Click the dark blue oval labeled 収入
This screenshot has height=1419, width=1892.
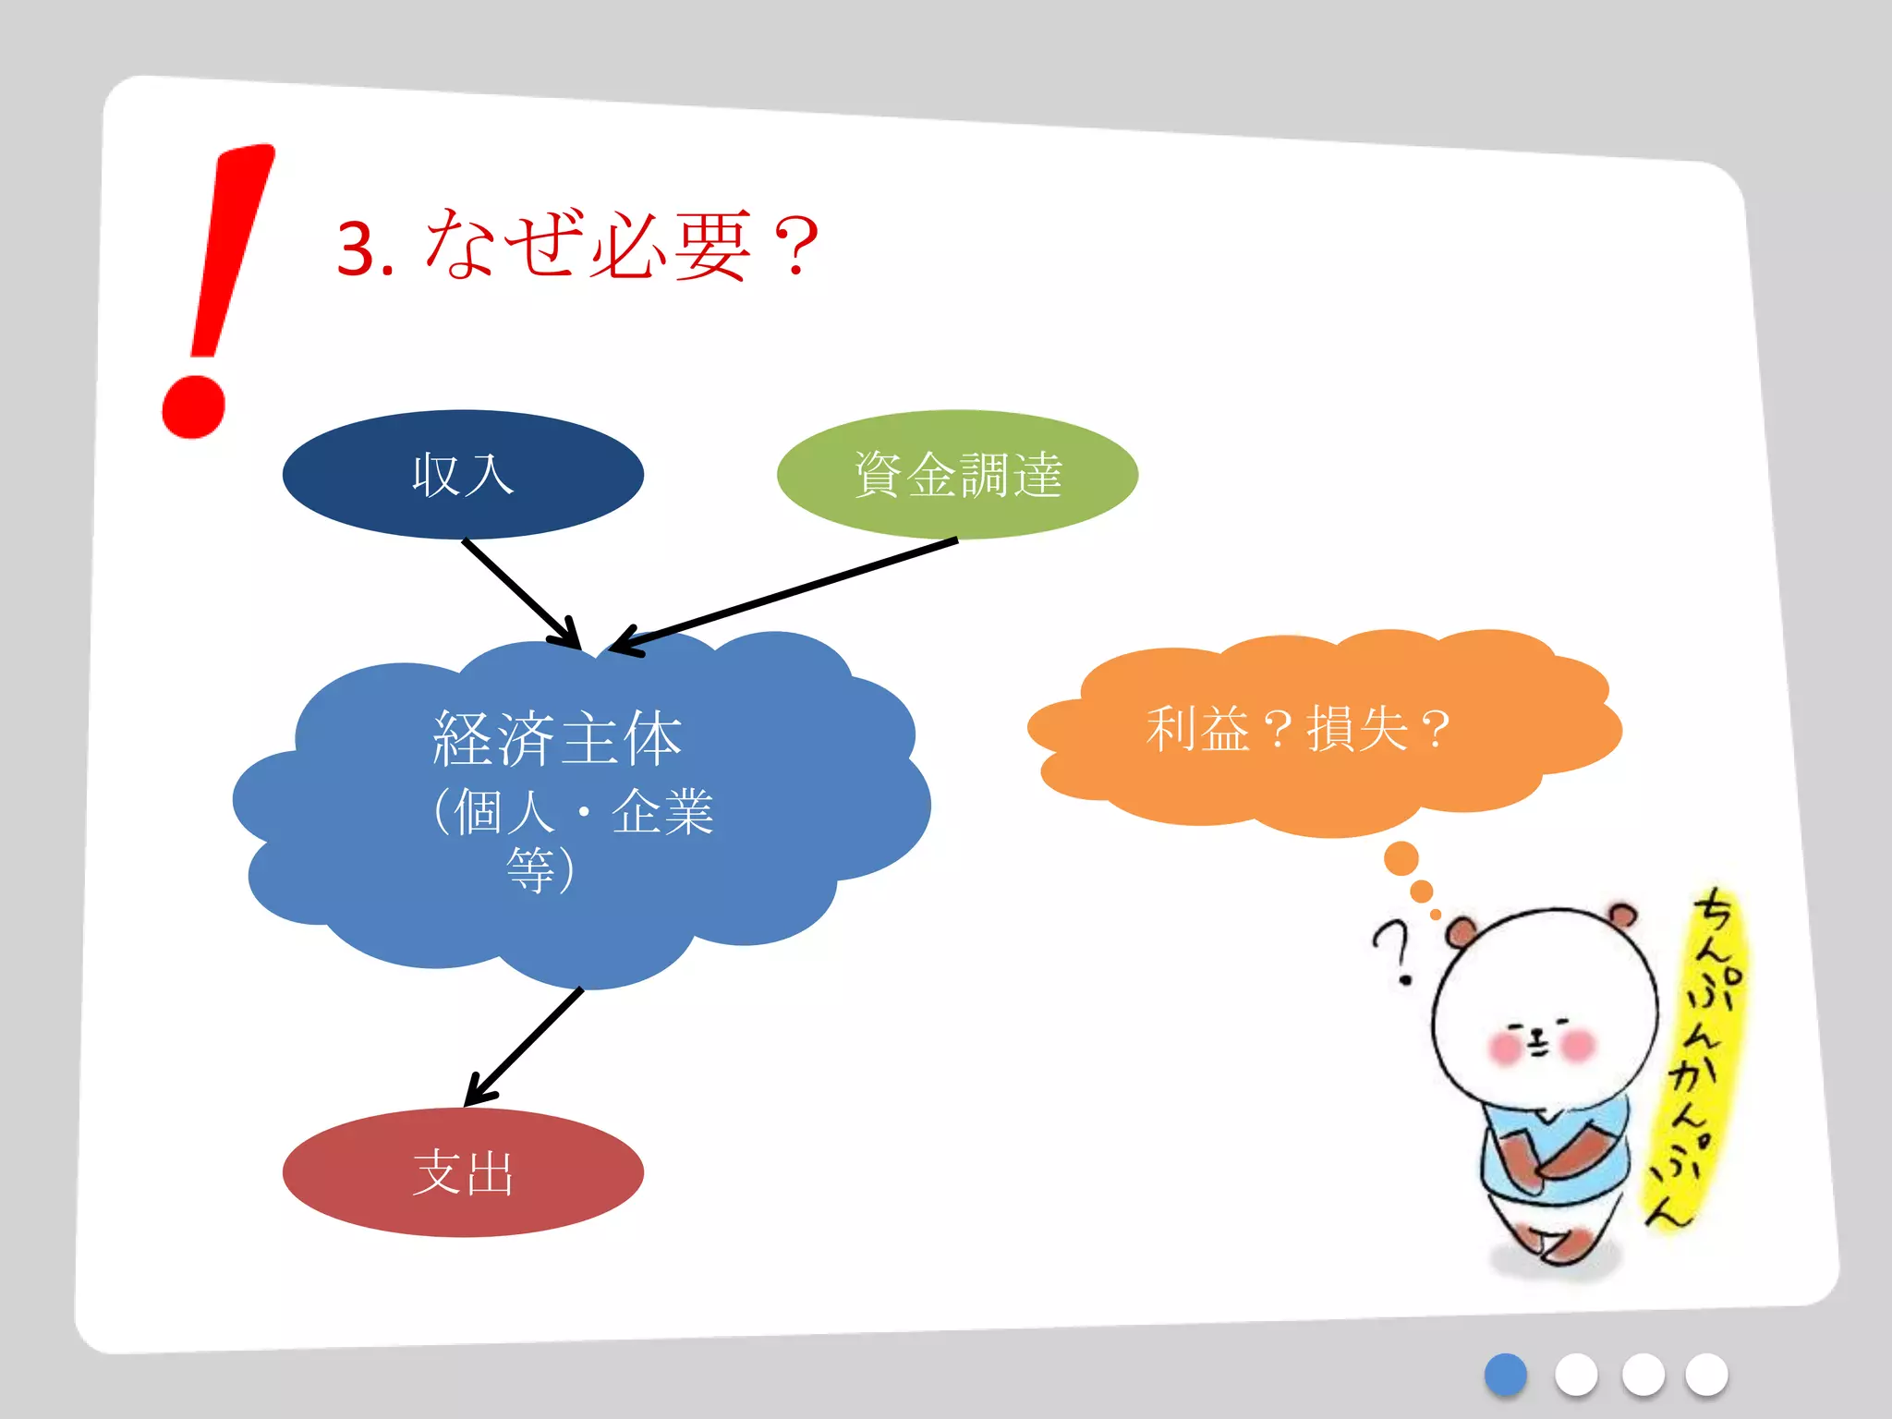coord(463,475)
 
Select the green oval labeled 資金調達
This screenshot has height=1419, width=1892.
coord(957,475)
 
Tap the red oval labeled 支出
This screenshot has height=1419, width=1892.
coord(463,1172)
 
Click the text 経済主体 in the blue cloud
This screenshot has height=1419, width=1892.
coord(557,739)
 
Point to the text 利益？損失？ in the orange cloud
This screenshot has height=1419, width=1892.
coord(1297,729)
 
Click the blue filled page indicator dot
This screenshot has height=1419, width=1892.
coord(1505,1375)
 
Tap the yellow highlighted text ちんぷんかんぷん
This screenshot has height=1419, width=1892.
coord(1700,1053)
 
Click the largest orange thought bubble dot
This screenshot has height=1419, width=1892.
coord(1401,858)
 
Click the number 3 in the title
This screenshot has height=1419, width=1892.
coord(355,249)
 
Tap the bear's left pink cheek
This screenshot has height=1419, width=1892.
coord(1506,1047)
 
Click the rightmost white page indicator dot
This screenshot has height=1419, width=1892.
coord(1706,1375)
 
